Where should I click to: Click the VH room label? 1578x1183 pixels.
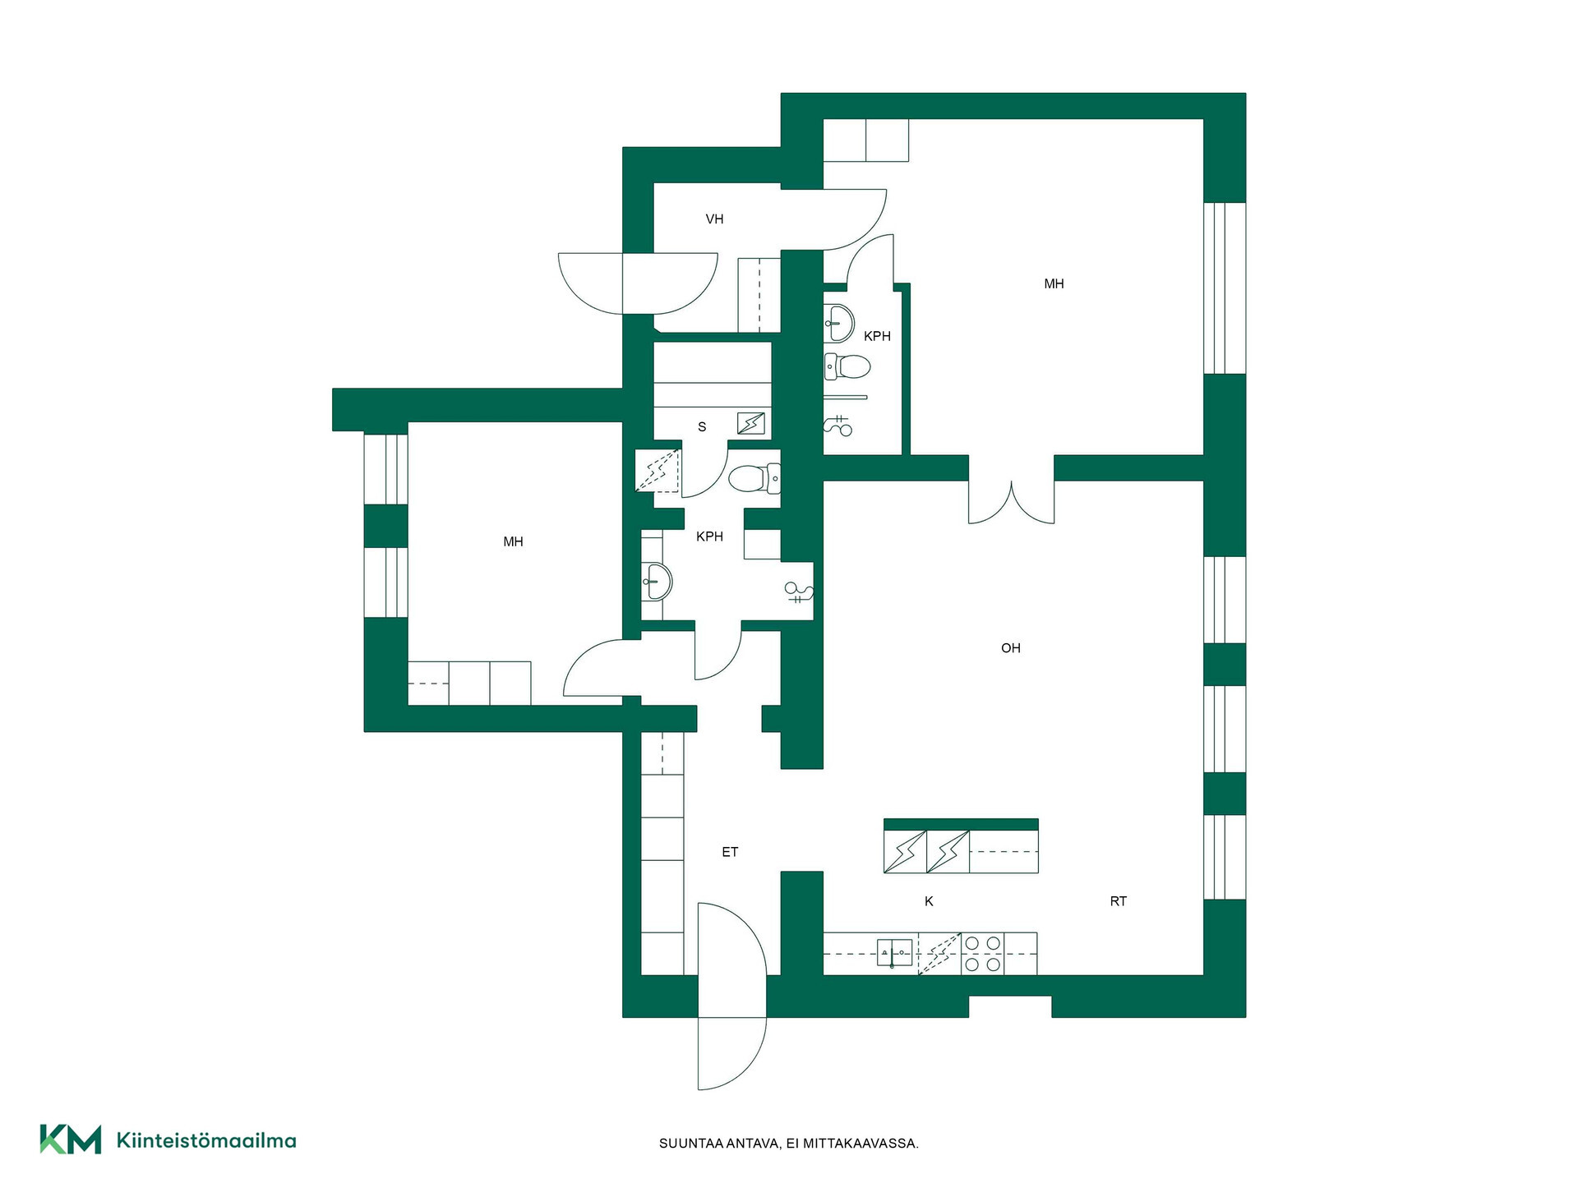[x=714, y=219]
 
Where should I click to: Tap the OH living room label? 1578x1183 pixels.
[x=1010, y=648]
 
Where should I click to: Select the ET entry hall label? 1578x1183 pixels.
[x=730, y=852]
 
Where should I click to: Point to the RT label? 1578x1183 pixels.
[x=1118, y=901]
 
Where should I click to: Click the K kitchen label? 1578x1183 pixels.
[x=929, y=901]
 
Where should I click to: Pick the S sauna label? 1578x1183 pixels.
[x=702, y=427]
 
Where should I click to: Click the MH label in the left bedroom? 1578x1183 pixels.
[x=513, y=541]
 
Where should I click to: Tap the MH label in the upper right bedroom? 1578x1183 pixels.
[x=1054, y=283]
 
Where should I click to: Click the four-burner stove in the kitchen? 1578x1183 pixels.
[x=982, y=953]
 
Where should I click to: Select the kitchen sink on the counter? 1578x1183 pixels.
[x=895, y=953]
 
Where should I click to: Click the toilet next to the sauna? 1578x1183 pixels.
[x=754, y=478]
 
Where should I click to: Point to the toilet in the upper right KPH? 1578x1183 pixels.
[x=847, y=366]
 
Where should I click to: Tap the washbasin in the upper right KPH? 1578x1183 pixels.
[x=838, y=323]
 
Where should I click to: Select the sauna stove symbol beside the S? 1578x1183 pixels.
[x=750, y=423]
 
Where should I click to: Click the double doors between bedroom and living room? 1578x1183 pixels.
[x=1011, y=501]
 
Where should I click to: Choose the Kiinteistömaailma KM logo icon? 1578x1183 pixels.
[x=71, y=1139]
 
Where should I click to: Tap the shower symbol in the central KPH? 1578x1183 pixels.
[x=799, y=591]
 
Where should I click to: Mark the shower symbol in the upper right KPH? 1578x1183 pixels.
[x=838, y=426]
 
